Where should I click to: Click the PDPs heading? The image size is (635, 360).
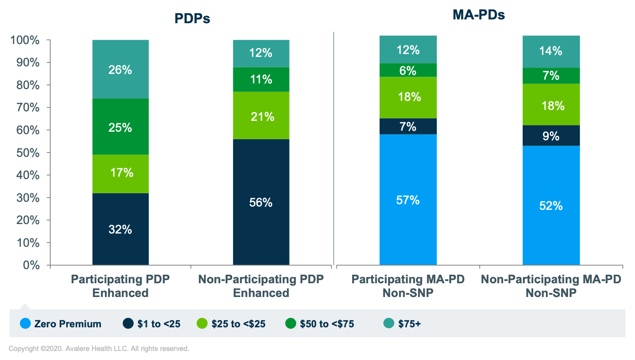[191, 18]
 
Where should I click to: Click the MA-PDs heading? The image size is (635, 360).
[479, 15]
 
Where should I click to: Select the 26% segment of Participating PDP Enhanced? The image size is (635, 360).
[120, 69]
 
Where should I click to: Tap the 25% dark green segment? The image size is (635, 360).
[120, 127]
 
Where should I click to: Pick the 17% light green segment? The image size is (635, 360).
[120, 172]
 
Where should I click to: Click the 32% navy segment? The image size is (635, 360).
[120, 229]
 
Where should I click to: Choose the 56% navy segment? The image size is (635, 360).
[261, 202]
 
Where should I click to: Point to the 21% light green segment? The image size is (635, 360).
[261, 116]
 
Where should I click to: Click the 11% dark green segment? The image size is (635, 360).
[261, 79]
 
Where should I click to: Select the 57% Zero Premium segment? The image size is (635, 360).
[408, 200]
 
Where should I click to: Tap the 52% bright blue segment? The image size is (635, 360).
[551, 206]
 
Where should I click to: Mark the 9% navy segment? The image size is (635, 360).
[551, 136]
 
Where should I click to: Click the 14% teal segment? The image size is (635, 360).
[551, 51]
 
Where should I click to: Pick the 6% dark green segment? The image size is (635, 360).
[408, 71]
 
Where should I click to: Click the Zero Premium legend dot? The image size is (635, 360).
[26, 324]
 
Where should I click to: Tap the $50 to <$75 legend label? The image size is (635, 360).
[327, 324]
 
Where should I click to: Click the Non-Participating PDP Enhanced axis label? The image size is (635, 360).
[261, 286]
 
